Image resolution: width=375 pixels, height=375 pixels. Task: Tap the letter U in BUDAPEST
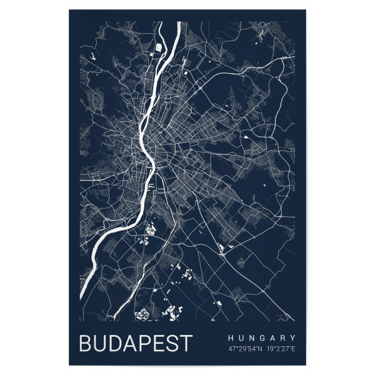pyautogui.click(x=101, y=344)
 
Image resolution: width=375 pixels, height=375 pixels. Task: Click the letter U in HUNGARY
pyautogui.click(x=241, y=337)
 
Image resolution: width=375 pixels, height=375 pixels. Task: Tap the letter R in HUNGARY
pyautogui.click(x=282, y=337)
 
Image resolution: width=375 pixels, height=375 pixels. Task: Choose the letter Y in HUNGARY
pyautogui.click(x=292, y=337)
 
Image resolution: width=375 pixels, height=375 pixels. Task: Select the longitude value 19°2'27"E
pyautogui.click(x=281, y=348)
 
